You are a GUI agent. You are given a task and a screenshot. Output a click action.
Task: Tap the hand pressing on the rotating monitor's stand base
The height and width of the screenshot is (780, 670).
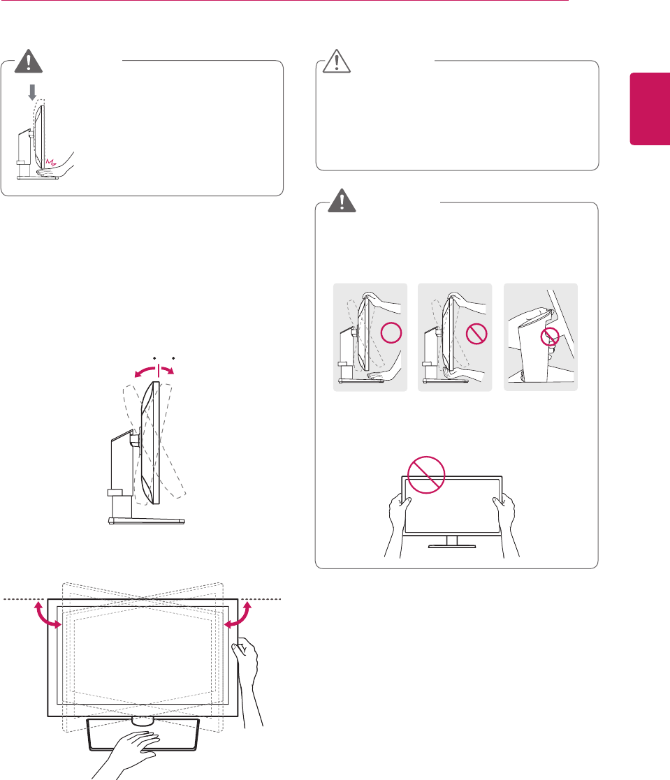point(133,751)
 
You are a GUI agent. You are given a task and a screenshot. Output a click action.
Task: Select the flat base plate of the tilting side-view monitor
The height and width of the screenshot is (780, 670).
point(147,521)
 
